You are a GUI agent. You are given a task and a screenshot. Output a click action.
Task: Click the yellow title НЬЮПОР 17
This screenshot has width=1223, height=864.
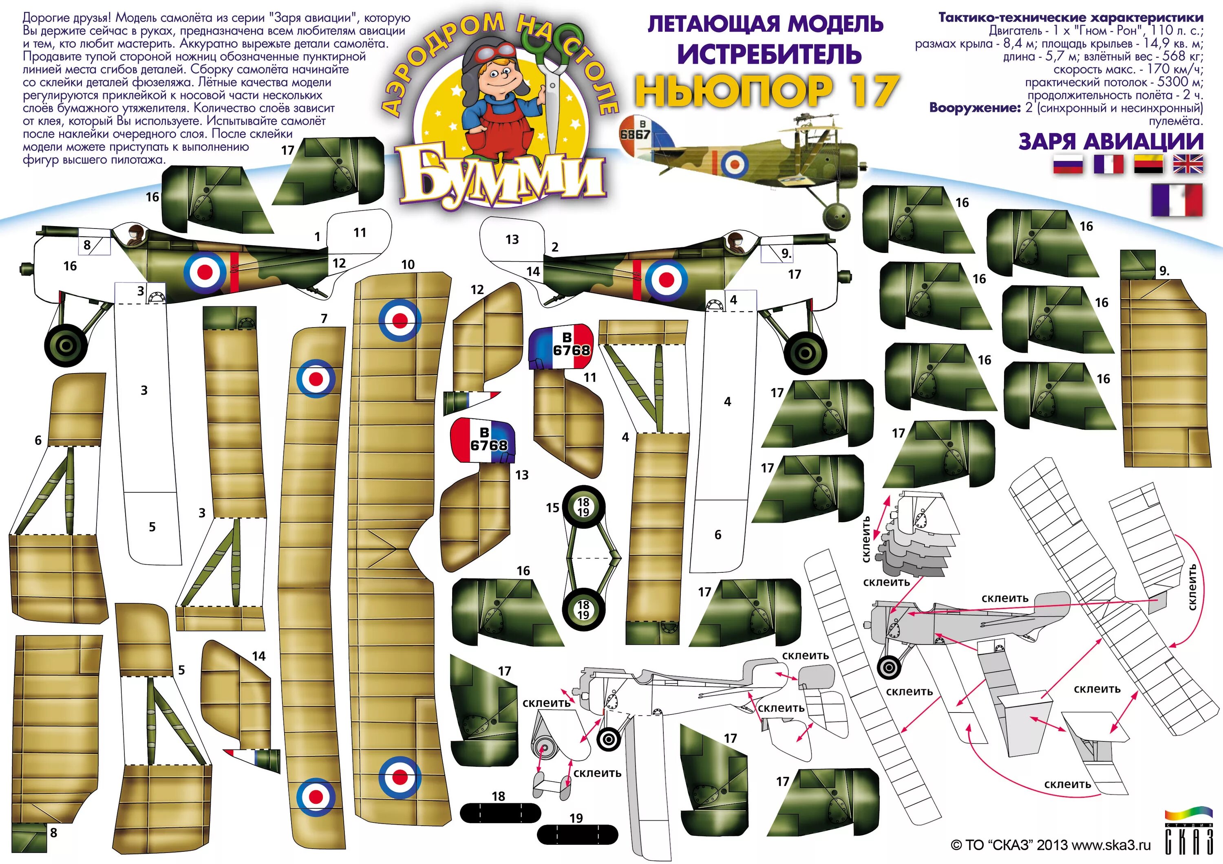[x=767, y=90]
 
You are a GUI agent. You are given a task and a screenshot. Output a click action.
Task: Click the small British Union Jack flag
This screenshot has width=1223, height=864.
[x=1188, y=164]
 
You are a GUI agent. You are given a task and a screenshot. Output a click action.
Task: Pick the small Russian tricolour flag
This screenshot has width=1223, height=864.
[x=1068, y=164]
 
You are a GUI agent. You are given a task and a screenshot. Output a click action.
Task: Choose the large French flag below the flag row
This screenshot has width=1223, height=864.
[x=1177, y=200]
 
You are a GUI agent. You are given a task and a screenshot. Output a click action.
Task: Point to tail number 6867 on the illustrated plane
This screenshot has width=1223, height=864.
[x=635, y=134]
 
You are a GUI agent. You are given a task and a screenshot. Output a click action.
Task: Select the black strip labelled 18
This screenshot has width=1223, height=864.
[x=500, y=813]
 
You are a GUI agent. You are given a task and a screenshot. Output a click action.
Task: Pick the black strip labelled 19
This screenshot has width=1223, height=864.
[x=577, y=834]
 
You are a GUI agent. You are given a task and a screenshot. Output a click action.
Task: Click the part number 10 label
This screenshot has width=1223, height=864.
[x=408, y=264]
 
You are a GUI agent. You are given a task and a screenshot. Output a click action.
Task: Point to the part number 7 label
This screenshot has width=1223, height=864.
[x=324, y=318]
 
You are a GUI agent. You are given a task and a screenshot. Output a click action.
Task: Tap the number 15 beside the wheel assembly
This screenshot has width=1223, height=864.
[x=552, y=508]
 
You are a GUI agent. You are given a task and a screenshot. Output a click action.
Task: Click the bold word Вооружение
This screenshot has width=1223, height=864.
[x=974, y=108]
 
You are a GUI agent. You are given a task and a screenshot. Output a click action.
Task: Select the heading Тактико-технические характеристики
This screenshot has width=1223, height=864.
[x=1070, y=18]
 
